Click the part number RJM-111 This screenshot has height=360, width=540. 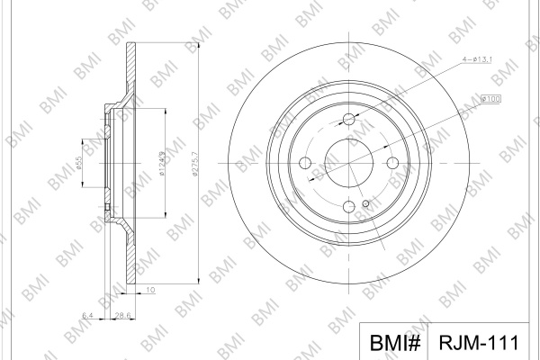point(479,343)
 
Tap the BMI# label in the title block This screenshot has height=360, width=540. point(395,343)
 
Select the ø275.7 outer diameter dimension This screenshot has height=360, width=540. point(195,164)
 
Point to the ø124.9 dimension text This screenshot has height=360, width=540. point(162,163)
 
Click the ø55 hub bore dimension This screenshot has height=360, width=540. point(79,163)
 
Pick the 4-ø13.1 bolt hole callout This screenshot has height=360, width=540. point(477,59)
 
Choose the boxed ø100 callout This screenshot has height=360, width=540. point(490,99)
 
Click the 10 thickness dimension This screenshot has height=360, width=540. point(150,290)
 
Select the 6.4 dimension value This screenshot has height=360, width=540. point(87,315)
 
